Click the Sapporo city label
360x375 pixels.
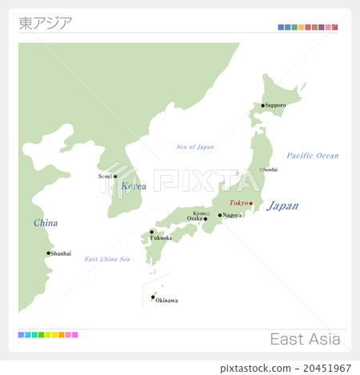click(x=276, y=106)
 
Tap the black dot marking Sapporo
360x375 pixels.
click(x=262, y=106)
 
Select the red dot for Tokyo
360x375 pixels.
click(x=251, y=203)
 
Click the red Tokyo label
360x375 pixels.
click(x=238, y=203)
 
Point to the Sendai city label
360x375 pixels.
click(x=270, y=170)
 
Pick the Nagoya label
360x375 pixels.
click(x=233, y=215)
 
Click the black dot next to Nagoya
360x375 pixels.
click(x=220, y=215)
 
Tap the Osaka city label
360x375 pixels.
click(x=195, y=218)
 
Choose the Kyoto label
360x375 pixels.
click(x=199, y=213)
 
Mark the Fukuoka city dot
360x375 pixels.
click(x=151, y=232)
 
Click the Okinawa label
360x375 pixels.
click(x=166, y=301)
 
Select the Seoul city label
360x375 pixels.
click(x=105, y=176)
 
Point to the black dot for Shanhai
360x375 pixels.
click(x=48, y=253)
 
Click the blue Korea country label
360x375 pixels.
click(x=134, y=186)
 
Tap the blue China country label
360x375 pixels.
click(x=46, y=223)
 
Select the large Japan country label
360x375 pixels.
click(x=282, y=205)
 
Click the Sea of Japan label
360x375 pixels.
click(x=195, y=146)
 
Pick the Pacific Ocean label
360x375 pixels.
click(x=312, y=155)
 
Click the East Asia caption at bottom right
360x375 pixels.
click(x=304, y=339)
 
